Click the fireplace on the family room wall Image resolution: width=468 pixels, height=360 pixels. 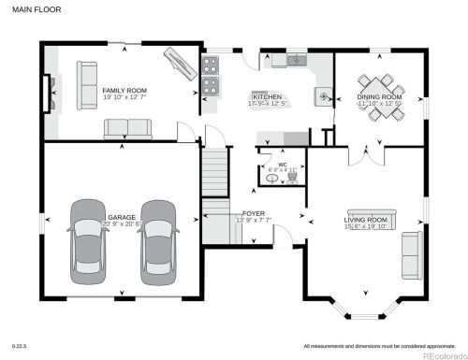tap(46, 92)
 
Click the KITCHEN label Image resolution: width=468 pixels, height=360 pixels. tap(268, 95)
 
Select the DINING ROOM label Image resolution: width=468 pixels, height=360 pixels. tap(380, 96)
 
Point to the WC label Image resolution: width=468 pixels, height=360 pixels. tap(281, 165)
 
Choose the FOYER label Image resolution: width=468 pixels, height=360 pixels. tap(254, 214)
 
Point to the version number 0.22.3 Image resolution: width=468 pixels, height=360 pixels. tap(18, 345)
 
